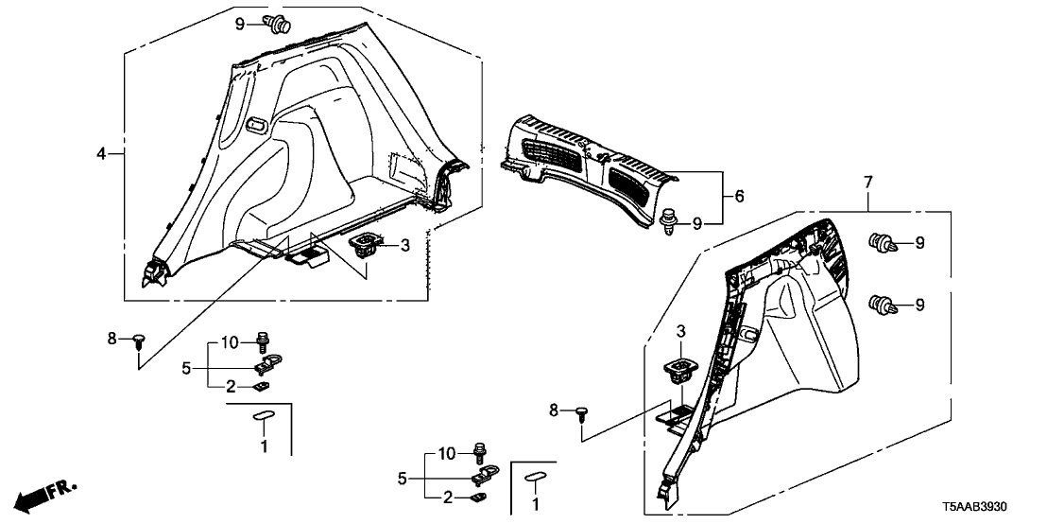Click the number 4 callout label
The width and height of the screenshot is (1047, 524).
point(100,152)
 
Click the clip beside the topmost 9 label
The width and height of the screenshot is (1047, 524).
point(279,24)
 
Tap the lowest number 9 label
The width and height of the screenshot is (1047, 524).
point(918,305)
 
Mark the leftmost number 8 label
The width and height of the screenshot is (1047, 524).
point(112,337)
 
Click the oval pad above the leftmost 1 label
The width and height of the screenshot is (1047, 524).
point(262,415)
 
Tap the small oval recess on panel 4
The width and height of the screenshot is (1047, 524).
point(255,123)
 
